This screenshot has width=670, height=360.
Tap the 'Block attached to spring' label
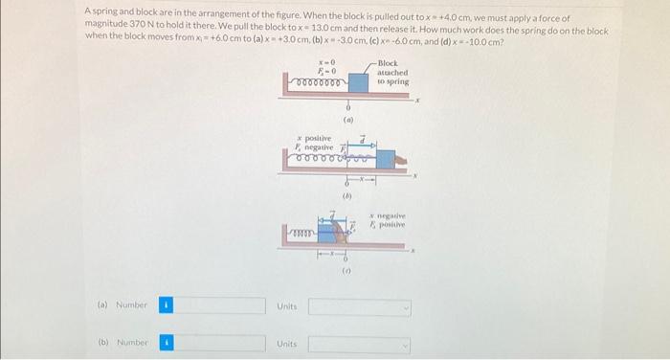coord(392,73)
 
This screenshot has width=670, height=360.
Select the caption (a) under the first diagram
coord(348,122)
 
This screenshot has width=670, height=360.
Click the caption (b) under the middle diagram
coord(348,195)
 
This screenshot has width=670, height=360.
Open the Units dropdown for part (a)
coord(360,306)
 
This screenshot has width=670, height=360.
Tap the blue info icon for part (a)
coord(164,306)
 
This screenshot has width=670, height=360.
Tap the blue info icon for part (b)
coord(164,343)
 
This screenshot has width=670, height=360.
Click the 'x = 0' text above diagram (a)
coord(325,61)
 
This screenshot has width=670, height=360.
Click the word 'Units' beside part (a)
coord(287,306)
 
